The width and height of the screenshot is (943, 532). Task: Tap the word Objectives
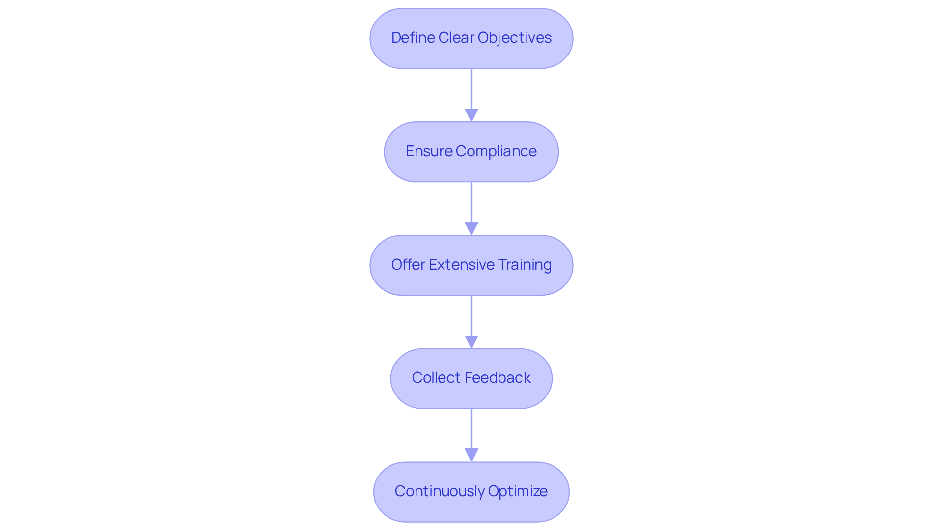click(514, 38)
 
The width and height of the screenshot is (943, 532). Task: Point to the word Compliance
click(496, 151)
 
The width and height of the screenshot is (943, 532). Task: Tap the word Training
click(525, 265)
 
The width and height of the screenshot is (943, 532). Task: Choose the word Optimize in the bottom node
click(518, 491)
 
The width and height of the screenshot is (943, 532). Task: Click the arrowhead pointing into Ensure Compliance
click(471, 115)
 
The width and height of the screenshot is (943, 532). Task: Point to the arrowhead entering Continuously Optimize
click(471, 455)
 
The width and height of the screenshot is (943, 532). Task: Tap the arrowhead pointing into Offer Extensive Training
click(471, 229)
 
